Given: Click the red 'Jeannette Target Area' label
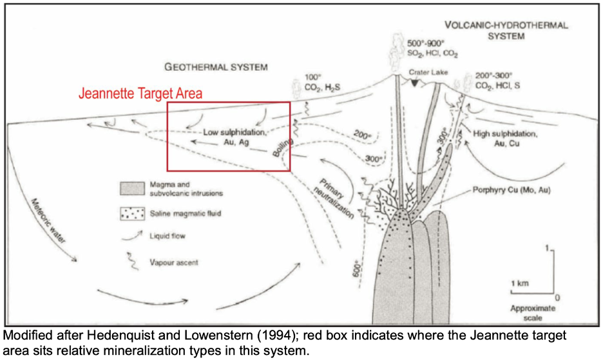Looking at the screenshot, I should (x=140, y=93).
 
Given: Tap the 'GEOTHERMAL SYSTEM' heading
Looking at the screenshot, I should (x=216, y=66).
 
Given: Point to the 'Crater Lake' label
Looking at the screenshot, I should (x=428, y=73).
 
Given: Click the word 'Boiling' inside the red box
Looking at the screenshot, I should (x=282, y=147).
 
